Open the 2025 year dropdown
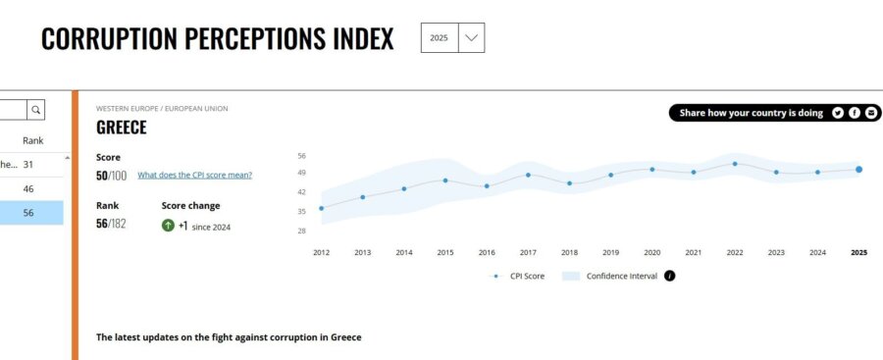452,37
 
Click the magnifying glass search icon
35,110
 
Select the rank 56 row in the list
29,212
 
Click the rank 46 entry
29,188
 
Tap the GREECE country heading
122,128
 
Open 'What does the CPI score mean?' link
194,175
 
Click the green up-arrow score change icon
169,226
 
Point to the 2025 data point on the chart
858,170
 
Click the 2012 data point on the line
321,208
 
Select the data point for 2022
735,164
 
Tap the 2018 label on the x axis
569,252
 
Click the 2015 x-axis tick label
445,252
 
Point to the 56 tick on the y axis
302,156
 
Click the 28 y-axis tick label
302,231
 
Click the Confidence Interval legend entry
621,276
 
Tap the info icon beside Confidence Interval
670,276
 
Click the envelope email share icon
871,113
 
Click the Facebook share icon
855,113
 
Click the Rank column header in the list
33,140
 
